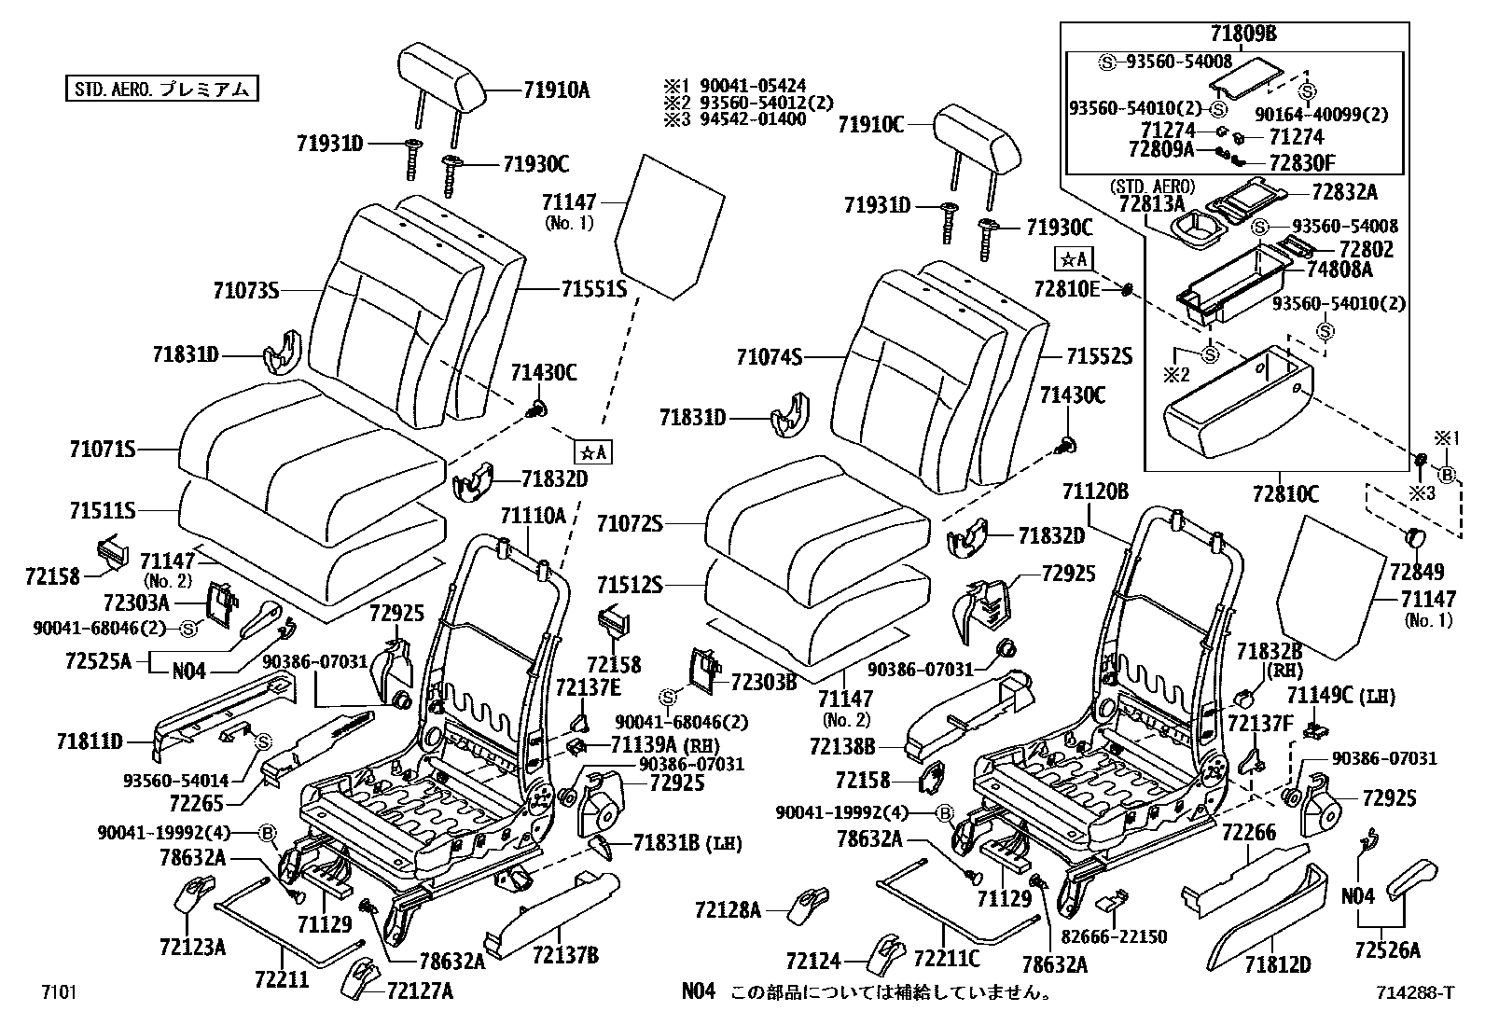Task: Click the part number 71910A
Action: (x=556, y=90)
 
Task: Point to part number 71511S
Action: (x=103, y=511)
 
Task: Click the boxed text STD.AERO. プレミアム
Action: (x=160, y=90)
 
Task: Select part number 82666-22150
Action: (x=1113, y=936)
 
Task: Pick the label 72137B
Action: (x=566, y=954)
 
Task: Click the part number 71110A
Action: (x=533, y=516)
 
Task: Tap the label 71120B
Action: (x=1095, y=492)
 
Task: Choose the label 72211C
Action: (x=947, y=958)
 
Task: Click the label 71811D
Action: (x=90, y=741)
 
